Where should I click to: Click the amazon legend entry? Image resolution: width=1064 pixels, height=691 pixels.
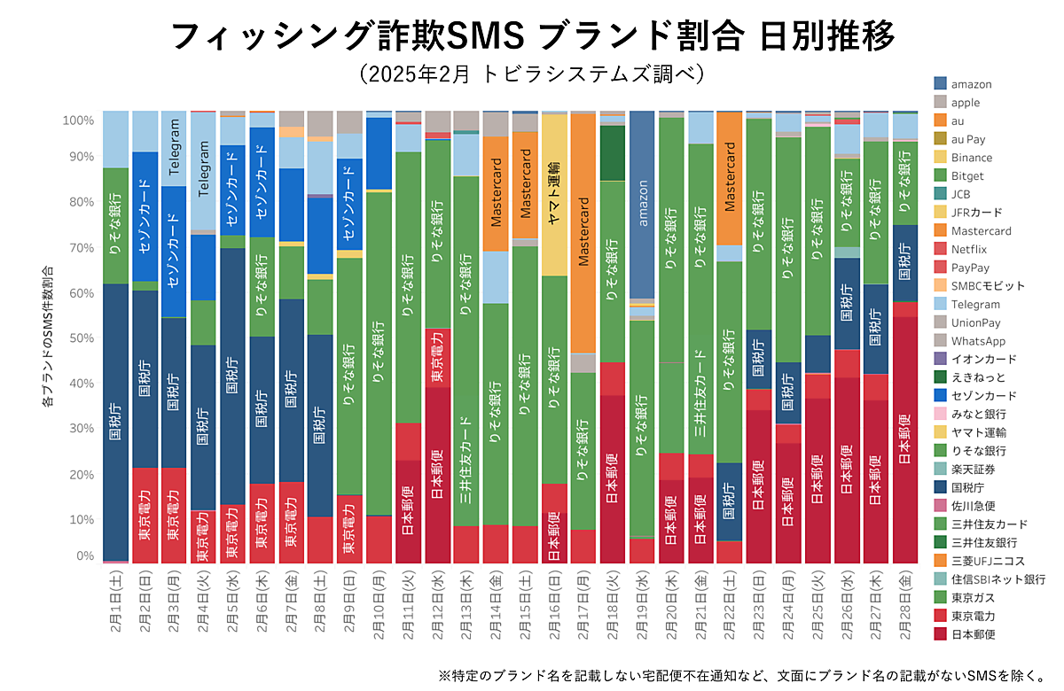[x=971, y=84]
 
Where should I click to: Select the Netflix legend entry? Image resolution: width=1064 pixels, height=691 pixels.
[x=968, y=249]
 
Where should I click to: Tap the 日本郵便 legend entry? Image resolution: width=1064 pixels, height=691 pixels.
[x=973, y=633]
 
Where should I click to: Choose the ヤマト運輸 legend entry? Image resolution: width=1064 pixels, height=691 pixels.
[x=975, y=432]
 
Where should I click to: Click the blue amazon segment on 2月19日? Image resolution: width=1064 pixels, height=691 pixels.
[x=641, y=204]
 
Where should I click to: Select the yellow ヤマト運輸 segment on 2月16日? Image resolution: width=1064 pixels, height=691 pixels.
[x=554, y=195]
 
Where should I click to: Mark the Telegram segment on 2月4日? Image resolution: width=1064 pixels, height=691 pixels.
[x=204, y=173]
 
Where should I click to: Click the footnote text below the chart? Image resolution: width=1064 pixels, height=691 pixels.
[x=741, y=675]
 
